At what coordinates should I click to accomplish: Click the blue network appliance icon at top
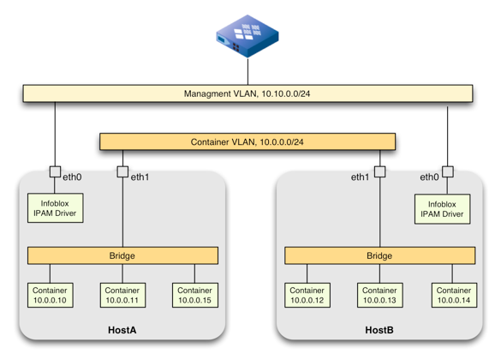click(248, 36)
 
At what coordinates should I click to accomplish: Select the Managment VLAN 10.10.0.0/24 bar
click(248, 93)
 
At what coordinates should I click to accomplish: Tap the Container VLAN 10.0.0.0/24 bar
click(248, 141)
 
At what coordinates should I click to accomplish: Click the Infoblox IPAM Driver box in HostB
click(443, 208)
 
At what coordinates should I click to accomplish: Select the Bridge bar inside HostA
click(122, 255)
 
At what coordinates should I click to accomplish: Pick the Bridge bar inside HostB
click(379, 255)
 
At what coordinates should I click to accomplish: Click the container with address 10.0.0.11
click(122, 296)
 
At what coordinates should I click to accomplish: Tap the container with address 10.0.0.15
click(194, 296)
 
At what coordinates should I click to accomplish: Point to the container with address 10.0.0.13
click(379, 296)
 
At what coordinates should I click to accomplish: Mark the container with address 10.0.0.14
click(451, 296)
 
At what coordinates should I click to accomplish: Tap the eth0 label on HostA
click(73, 177)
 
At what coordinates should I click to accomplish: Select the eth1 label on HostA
click(140, 177)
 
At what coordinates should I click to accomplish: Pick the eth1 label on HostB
click(360, 177)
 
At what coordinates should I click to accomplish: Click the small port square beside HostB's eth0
click(447, 172)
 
